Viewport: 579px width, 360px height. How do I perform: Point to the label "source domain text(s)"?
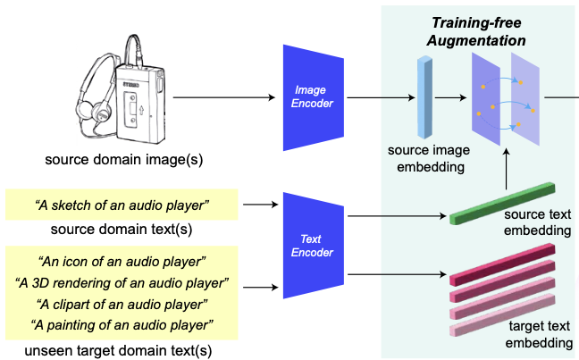coord(122,228)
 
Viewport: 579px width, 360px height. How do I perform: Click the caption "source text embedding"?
coord(537,223)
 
